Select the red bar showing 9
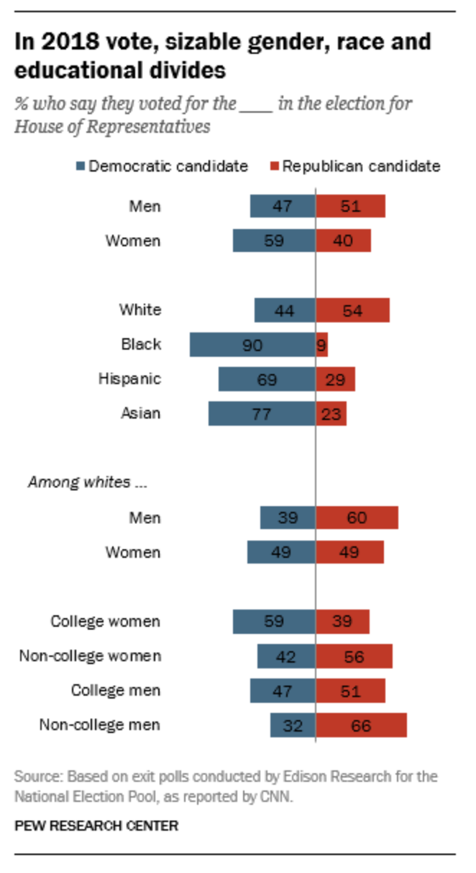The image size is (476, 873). pyautogui.click(x=322, y=345)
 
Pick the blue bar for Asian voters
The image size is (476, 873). pyautogui.click(x=237, y=414)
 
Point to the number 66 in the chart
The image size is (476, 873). pyautogui.click(x=361, y=726)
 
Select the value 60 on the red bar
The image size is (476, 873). pyautogui.click(x=357, y=518)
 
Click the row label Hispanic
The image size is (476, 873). pyautogui.click(x=129, y=379)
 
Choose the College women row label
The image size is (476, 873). pyautogui.click(x=106, y=622)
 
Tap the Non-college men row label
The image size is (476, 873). pyautogui.click(x=100, y=725)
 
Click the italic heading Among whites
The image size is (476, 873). pyautogui.click(x=87, y=482)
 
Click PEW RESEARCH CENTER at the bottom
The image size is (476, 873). pyautogui.click(x=96, y=826)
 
